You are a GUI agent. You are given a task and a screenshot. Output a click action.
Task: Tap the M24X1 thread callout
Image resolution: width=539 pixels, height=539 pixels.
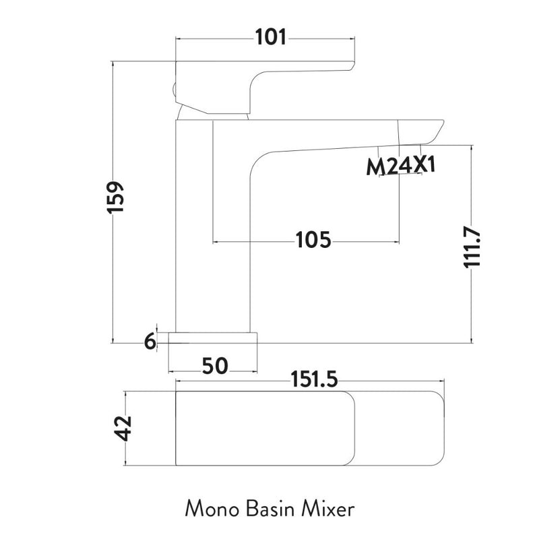coord(401,166)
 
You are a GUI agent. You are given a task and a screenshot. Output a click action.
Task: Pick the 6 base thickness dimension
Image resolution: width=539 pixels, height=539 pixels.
coord(150,342)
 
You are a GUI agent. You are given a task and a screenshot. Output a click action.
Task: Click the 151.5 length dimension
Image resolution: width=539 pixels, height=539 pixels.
coord(313,381)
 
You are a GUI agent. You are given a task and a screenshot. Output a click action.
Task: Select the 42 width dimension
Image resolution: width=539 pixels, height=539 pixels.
coord(123,428)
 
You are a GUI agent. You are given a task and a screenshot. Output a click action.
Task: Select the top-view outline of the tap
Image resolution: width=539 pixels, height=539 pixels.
coord(310,429)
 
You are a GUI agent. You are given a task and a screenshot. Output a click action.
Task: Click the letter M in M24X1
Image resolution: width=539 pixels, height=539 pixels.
coord(375,166)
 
